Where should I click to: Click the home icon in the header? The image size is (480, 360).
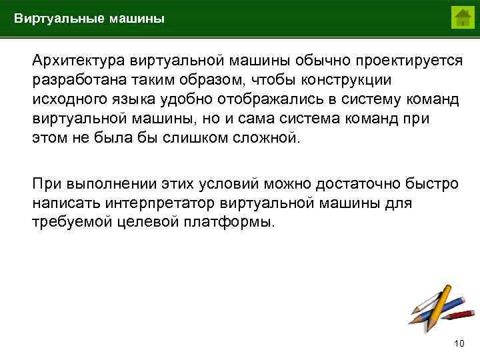tap(461, 17)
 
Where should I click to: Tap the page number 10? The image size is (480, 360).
tap(458, 344)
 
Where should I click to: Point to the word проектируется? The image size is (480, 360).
tap(408, 61)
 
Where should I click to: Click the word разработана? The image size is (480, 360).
tap(74, 79)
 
